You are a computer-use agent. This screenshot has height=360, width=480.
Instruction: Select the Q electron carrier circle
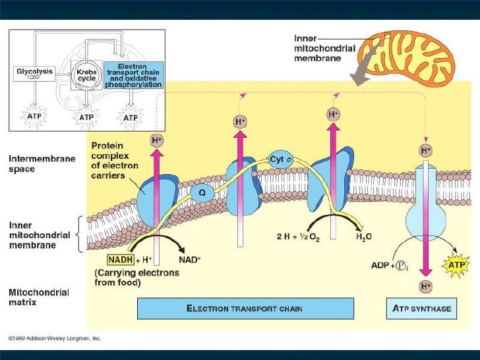pos(202,193)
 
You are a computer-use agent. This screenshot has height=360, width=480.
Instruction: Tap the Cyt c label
pos(281,160)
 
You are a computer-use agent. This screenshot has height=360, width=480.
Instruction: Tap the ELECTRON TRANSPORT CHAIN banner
pos(245,308)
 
